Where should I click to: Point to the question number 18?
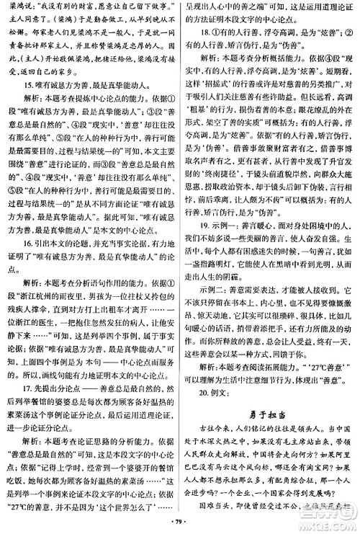[x=206, y=33]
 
